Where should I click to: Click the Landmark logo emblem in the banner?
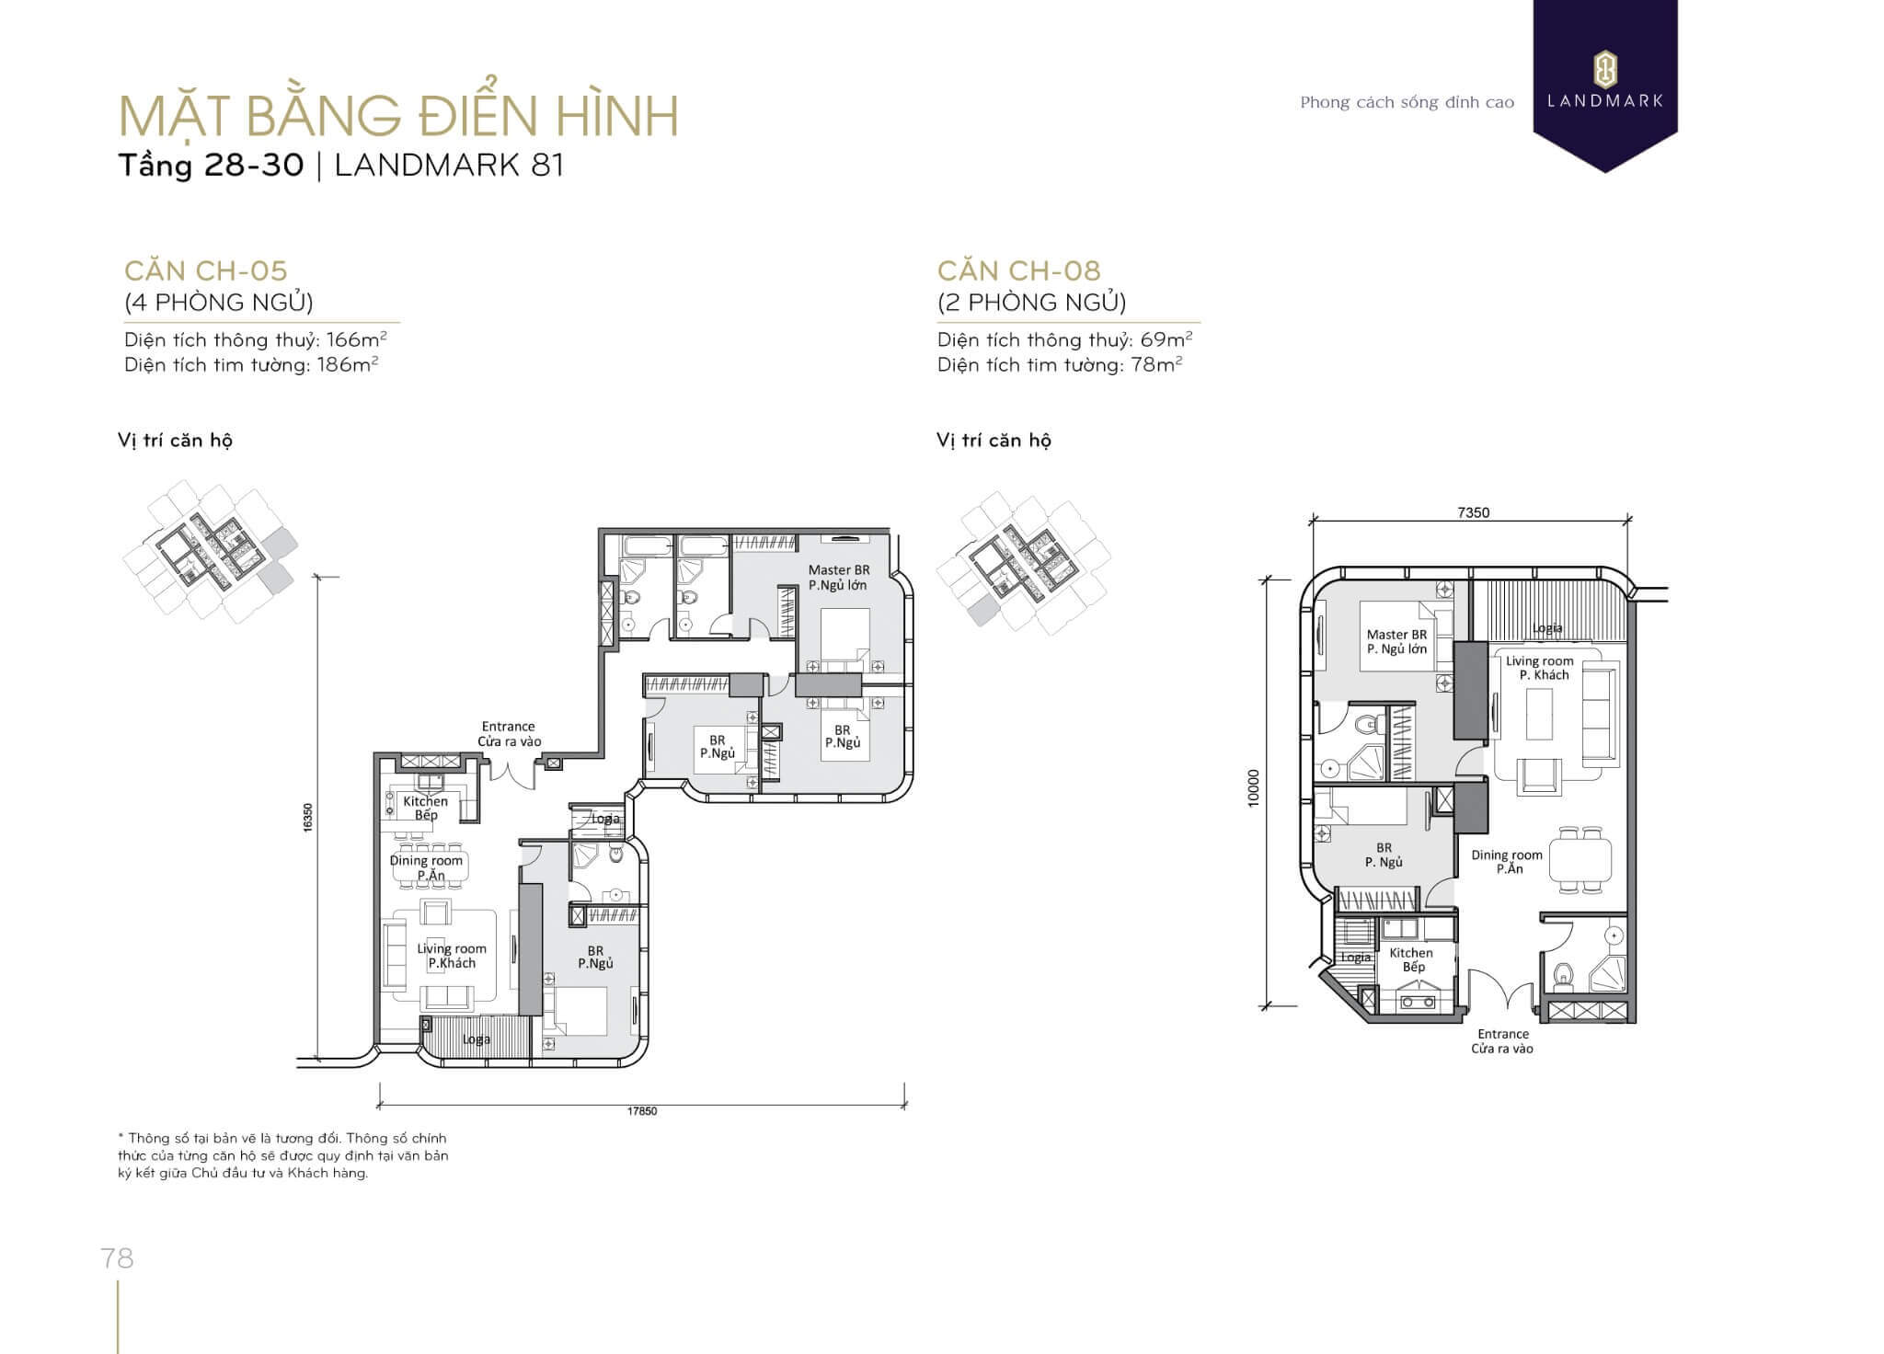(x=1605, y=70)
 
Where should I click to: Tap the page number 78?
(x=118, y=1257)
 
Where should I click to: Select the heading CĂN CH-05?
(x=206, y=270)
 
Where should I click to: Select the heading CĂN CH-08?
(x=1019, y=270)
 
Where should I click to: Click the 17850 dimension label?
(x=642, y=1111)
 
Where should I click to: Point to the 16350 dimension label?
(x=308, y=817)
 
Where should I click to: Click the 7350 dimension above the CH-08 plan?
(x=1473, y=512)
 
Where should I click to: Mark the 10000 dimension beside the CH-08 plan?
(x=1253, y=788)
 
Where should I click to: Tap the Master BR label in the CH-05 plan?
(x=838, y=570)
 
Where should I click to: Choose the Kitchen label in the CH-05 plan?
(x=425, y=801)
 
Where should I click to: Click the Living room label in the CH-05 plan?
(x=452, y=948)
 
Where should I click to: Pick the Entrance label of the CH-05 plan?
(x=508, y=727)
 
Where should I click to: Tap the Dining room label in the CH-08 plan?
(x=1507, y=855)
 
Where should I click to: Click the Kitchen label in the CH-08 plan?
(x=1411, y=953)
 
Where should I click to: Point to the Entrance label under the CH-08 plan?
(x=1503, y=1034)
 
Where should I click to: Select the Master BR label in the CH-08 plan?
(x=1396, y=635)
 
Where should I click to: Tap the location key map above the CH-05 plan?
(x=211, y=551)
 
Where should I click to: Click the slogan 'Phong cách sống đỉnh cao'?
(x=1407, y=102)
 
